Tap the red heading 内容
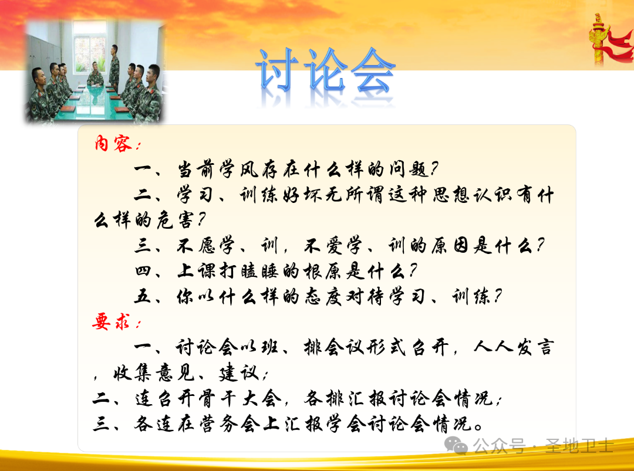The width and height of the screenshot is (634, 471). pos(114,144)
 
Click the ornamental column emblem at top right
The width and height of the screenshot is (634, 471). pos(599,38)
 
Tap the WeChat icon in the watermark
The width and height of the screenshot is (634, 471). pos(457,445)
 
